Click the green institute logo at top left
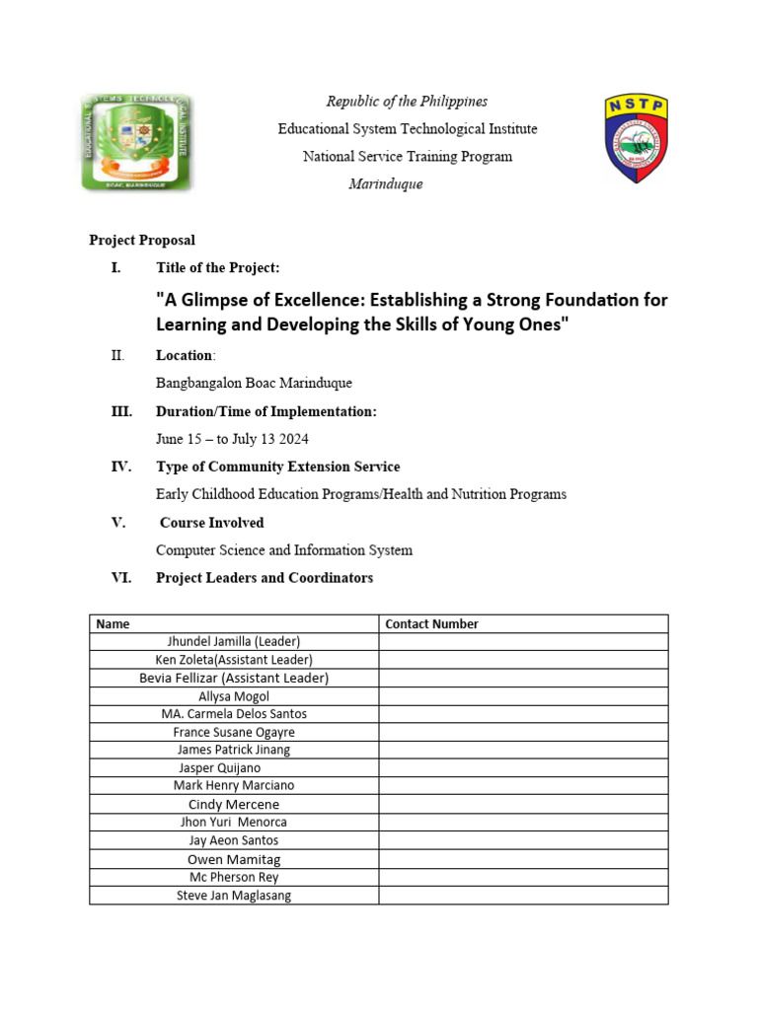[x=136, y=143]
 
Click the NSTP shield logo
[x=636, y=139]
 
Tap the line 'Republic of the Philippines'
[x=407, y=102]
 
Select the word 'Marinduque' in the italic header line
[x=385, y=184]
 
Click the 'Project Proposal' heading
[x=142, y=240]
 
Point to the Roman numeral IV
[x=121, y=467]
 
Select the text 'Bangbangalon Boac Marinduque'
[x=254, y=383]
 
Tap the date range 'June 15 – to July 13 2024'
[x=239, y=439]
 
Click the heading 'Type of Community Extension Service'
[x=277, y=467]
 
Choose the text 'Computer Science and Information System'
[x=284, y=550]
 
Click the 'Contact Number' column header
[x=431, y=623]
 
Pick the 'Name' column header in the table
[x=113, y=623]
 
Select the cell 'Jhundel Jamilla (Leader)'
[x=234, y=641]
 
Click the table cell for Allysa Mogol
[x=234, y=696]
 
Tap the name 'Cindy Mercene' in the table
[x=234, y=805]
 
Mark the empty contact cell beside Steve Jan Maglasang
[x=523, y=896]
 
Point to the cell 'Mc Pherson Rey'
[x=234, y=877]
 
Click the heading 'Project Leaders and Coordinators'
[x=265, y=578]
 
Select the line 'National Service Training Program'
[x=407, y=157]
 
